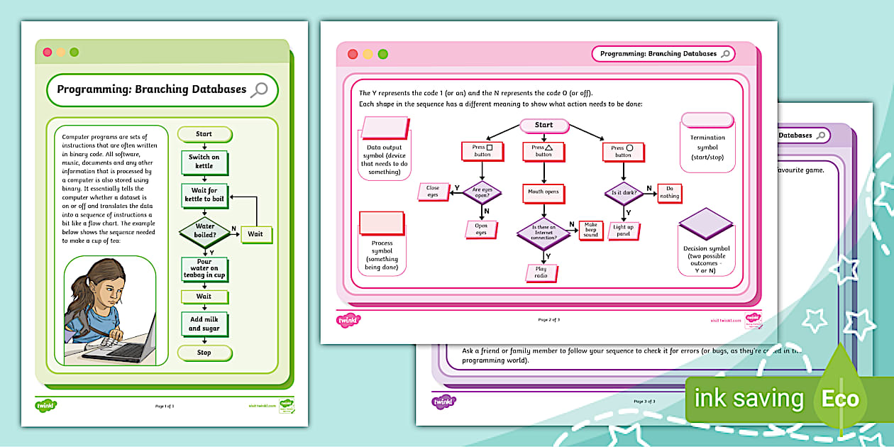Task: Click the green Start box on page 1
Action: (204, 133)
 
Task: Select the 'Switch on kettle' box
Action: (204, 162)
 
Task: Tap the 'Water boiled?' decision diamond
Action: (204, 231)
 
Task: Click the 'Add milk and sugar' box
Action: (204, 324)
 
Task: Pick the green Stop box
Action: (204, 352)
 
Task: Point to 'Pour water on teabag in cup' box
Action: (204, 270)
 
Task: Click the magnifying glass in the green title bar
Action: (260, 89)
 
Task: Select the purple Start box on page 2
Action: (544, 126)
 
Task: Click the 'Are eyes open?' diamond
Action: (482, 192)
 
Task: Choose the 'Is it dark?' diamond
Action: (623, 192)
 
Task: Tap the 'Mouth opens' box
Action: (543, 192)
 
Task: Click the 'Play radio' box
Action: (541, 272)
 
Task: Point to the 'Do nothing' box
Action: (669, 192)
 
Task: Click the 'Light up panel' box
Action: (623, 231)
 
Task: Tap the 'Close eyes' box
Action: (433, 192)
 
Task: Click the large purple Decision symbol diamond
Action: (705, 224)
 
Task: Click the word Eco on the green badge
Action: (840, 399)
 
